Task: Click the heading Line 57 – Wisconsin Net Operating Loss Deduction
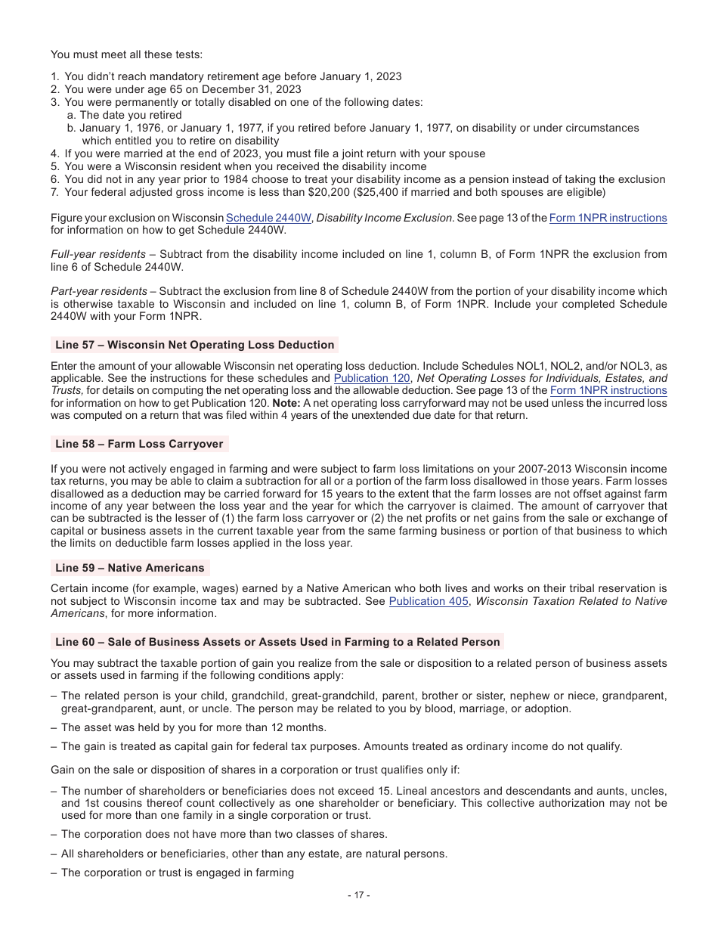pos(194,345)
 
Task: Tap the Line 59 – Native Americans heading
pos(129,568)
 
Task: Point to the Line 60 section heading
pos(277,642)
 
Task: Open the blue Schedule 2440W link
pos(268,218)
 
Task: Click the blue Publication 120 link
pos(372,378)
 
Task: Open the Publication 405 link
pos(420,601)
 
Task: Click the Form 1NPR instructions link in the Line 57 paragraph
pos(608,390)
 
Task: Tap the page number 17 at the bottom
pos(358,895)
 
